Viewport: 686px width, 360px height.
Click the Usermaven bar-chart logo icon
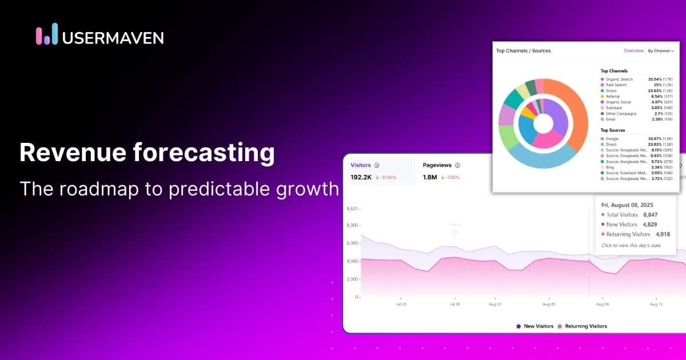(x=47, y=34)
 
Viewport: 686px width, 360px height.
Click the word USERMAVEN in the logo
(x=113, y=38)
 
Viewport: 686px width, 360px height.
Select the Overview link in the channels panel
(x=633, y=51)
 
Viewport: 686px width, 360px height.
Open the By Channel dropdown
(x=661, y=51)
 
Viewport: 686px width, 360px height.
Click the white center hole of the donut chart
(x=543, y=123)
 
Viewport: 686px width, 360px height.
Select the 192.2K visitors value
(x=361, y=177)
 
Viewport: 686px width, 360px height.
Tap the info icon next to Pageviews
(x=457, y=165)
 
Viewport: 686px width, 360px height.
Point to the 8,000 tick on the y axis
(x=352, y=225)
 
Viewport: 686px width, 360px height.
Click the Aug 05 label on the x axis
(x=549, y=305)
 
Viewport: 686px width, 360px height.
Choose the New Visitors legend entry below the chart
(x=535, y=326)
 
